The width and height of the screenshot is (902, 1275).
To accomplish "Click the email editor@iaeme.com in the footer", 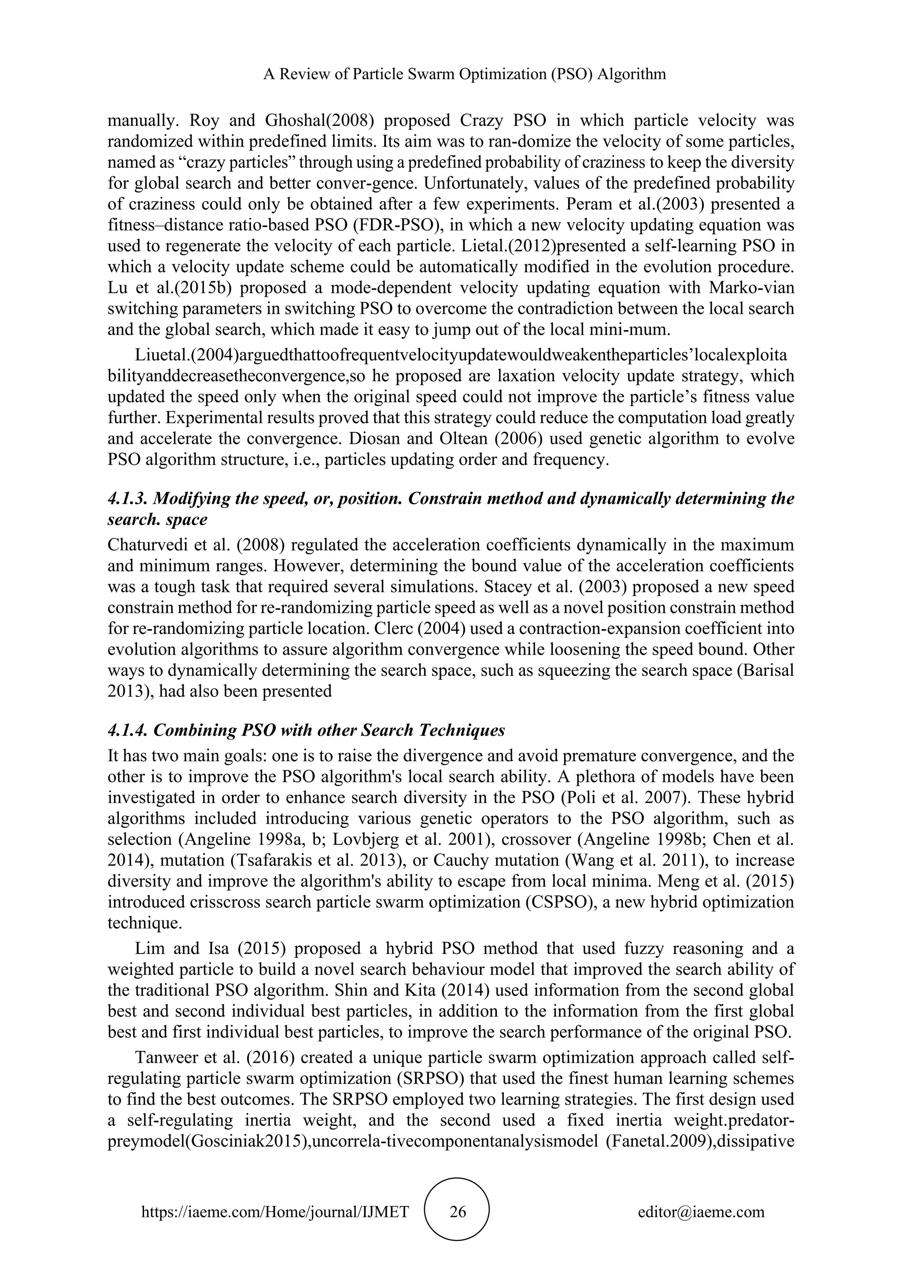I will [701, 1211].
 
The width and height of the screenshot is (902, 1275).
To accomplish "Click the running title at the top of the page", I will [464, 74].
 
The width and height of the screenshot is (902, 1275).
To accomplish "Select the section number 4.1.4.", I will [127, 730].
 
